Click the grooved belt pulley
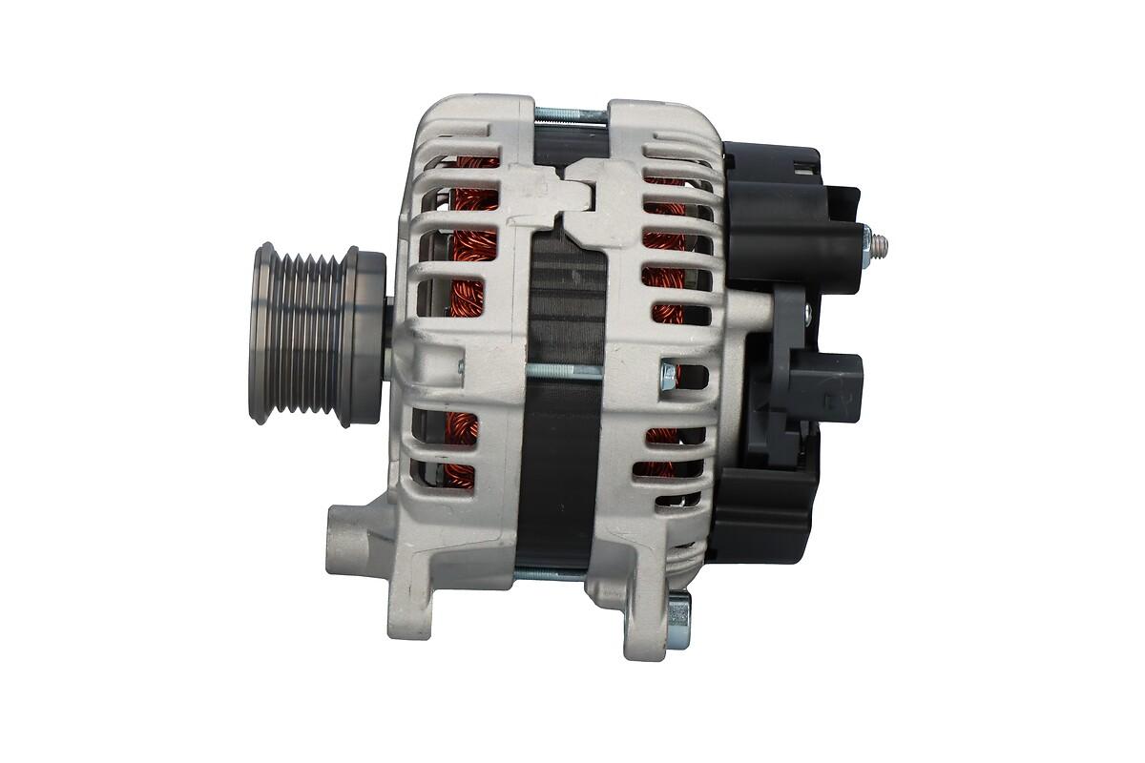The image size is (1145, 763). tap(301, 334)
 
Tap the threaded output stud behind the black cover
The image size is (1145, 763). tap(881, 245)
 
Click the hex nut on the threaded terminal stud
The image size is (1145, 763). tap(867, 245)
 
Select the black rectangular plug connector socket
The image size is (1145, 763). tap(826, 385)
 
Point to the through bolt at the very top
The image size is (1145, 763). tap(570, 115)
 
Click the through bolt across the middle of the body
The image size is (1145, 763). tap(563, 371)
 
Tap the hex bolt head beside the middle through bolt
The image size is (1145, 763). tap(667, 377)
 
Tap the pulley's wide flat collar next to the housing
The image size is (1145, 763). tap(365, 334)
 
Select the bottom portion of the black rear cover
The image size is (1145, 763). tap(763, 520)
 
